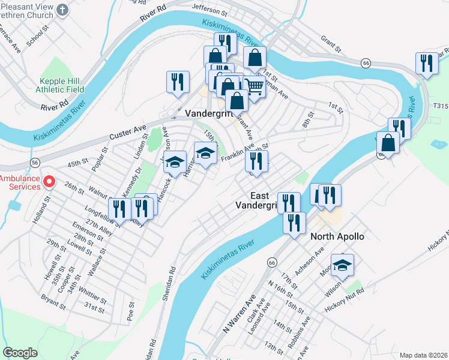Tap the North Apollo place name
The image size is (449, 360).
click(337, 236)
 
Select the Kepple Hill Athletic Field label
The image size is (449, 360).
click(62, 85)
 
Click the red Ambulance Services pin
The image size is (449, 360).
click(50, 181)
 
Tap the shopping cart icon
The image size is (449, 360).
click(255, 88)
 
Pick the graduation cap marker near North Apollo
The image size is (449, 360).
click(342, 265)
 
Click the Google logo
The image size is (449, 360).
click(20, 353)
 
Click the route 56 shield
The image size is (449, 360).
click(35, 162)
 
